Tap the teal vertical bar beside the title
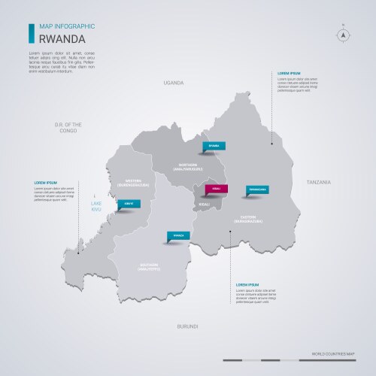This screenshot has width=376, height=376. (30, 33)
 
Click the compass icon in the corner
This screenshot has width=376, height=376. (342, 34)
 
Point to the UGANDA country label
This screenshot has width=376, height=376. (174, 83)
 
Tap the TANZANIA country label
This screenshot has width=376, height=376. (318, 183)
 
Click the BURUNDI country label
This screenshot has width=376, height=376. (187, 326)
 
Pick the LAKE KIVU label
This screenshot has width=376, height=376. (96, 208)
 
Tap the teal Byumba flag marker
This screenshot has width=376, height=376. (214, 146)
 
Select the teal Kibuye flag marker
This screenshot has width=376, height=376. (129, 203)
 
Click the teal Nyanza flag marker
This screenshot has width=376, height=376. (178, 235)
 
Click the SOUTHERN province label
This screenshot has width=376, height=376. (149, 266)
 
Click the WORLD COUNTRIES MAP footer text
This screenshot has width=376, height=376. (332, 353)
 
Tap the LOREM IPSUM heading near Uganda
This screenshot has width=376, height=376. (288, 74)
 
